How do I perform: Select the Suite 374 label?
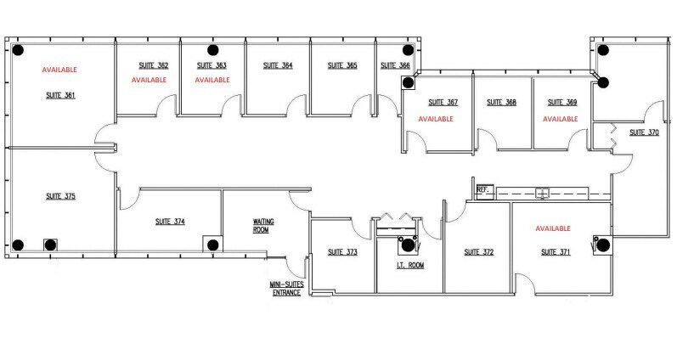point(170,222)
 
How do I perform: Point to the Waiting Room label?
point(263,225)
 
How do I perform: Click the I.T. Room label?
point(409,266)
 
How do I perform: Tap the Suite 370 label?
point(643,132)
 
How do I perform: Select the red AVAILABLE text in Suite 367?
point(434,120)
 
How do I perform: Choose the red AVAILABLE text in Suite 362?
point(148,80)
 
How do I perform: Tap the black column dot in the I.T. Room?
point(407,245)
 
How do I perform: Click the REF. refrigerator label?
point(483,190)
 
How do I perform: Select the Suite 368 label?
point(501,103)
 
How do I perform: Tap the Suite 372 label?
point(477,252)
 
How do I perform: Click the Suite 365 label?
point(340,65)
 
